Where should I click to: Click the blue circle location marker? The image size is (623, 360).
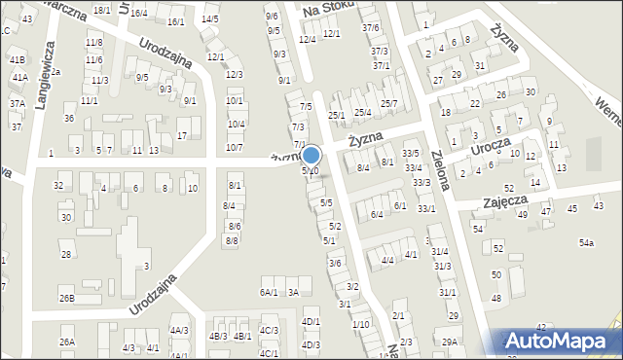[x=311, y=155]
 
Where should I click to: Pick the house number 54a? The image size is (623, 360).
[x=586, y=242]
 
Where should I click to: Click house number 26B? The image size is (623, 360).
[x=66, y=299]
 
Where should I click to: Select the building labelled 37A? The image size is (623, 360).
[x=18, y=103]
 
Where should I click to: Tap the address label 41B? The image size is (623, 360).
[x=18, y=60]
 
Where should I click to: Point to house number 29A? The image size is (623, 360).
[x=449, y=342]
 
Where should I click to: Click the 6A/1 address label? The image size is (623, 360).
[x=269, y=292]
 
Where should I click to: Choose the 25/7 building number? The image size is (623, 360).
[x=388, y=104]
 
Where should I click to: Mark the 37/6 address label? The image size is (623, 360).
[x=370, y=27]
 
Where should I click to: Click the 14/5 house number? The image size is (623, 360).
[x=209, y=18]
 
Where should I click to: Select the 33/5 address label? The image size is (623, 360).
[x=412, y=154]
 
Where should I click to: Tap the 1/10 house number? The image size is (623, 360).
[x=360, y=324]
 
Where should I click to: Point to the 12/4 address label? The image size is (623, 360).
[x=307, y=39]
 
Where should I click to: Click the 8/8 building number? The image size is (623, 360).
[x=232, y=240]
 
